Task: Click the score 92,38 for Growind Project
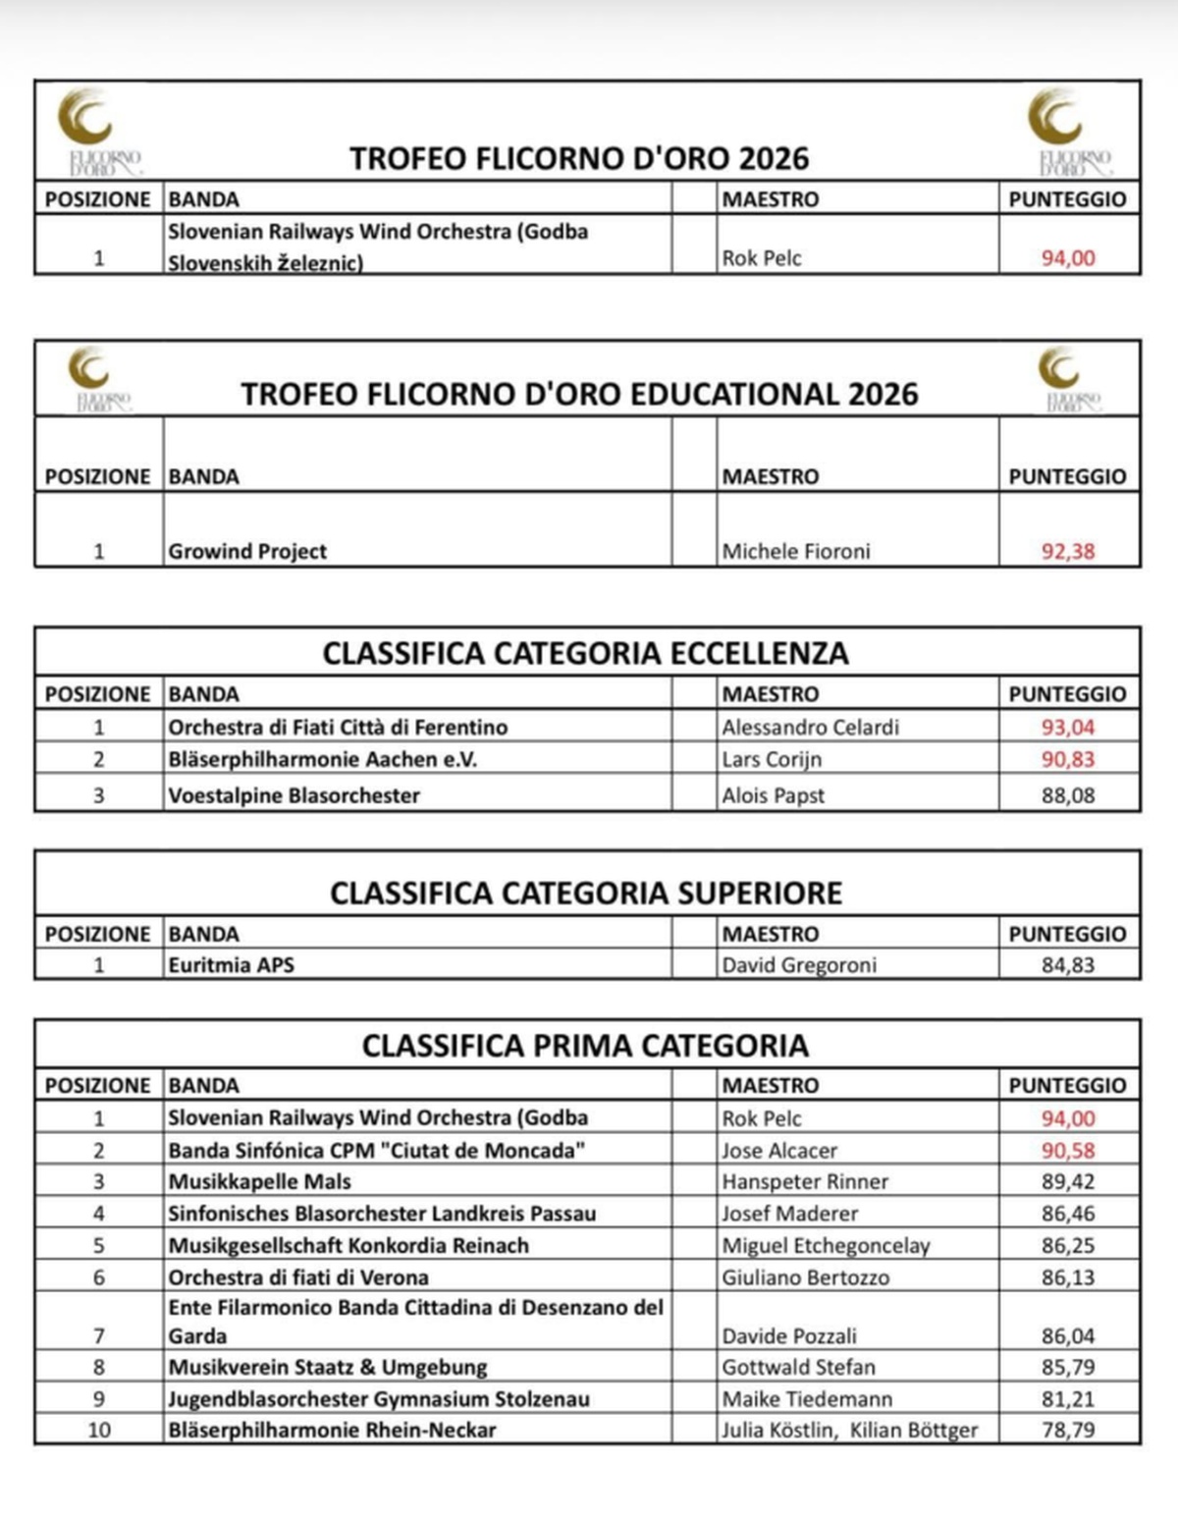(1067, 551)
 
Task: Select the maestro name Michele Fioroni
(796, 551)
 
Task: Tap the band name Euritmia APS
(231, 964)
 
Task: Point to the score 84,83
(1067, 964)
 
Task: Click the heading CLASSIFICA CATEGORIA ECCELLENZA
(586, 653)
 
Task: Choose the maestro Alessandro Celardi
(810, 727)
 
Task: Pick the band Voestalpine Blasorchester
(294, 794)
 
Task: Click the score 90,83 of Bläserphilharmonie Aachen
(1067, 759)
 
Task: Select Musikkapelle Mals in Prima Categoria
(259, 1181)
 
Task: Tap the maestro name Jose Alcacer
(780, 1150)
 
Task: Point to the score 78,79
(1067, 1430)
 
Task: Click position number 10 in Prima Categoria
(98, 1430)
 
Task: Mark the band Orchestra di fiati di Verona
(298, 1277)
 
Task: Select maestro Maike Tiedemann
(807, 1398)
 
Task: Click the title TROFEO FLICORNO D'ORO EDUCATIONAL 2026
(579, 394)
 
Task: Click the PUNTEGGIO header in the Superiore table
(1067, 933)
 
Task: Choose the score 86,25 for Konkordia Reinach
(1067, 1245)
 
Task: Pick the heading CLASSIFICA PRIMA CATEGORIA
(585, 1045)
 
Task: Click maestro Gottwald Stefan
(798, 1366)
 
